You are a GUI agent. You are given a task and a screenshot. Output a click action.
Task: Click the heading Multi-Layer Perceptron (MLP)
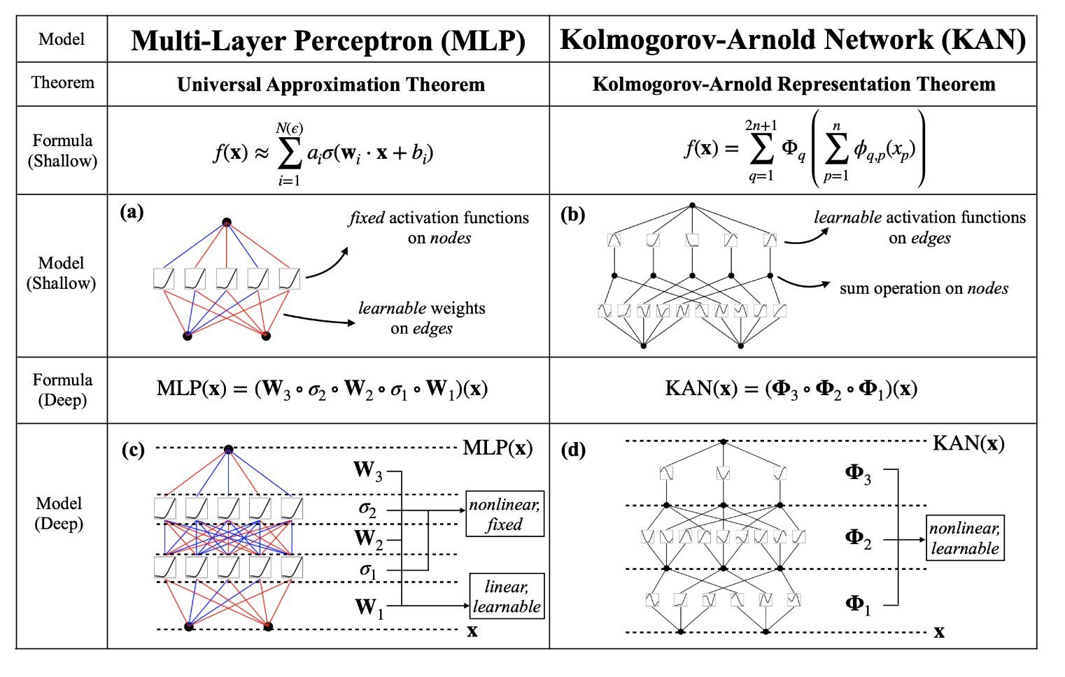328,41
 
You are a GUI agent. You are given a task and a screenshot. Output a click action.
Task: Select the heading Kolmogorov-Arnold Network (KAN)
793,40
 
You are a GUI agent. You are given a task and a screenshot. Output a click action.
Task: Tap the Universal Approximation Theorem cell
330,85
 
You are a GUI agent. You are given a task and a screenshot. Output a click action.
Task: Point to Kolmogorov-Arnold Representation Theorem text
794,84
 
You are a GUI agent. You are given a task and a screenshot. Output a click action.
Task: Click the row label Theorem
62,83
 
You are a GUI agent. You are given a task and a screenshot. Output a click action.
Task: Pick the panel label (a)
132,211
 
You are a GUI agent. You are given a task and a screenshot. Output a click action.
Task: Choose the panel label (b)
572,214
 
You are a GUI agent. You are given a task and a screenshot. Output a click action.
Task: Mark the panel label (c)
133,449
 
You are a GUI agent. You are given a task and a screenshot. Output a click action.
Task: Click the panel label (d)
573,449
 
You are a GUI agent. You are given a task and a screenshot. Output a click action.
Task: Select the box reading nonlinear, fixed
505,514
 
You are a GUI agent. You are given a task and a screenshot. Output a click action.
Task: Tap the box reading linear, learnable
507,596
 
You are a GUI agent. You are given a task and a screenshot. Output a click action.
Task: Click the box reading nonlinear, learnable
965,538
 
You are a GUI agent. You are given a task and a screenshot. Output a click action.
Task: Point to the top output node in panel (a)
227,222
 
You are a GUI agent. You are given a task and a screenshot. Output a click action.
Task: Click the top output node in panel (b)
692,205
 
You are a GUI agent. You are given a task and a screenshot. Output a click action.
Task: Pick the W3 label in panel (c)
367,471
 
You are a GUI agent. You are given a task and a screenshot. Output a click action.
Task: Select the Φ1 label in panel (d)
858,604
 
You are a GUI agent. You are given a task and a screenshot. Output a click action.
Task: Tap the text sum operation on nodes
924,288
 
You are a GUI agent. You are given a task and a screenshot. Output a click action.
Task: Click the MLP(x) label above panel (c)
498,448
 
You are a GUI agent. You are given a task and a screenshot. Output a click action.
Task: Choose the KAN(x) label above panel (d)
968,443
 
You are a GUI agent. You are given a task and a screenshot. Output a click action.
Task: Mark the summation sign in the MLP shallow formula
289,153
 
